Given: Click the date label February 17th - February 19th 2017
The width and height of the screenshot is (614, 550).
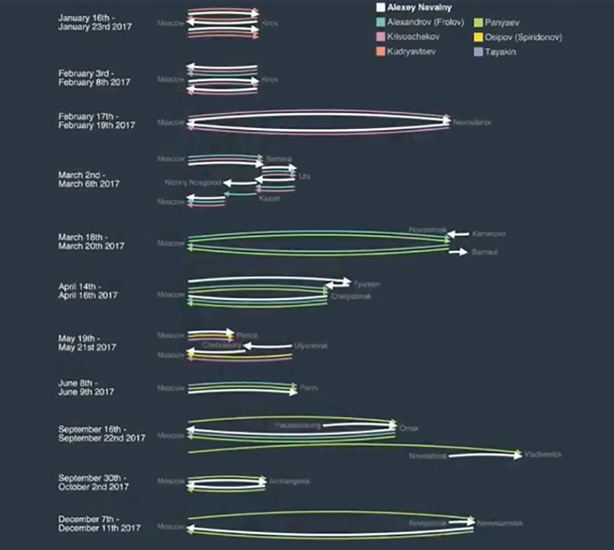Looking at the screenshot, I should pos(97,121).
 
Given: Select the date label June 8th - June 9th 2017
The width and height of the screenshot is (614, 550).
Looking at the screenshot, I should pos(86,387).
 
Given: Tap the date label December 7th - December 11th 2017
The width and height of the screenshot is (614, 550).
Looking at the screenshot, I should pos(99,522).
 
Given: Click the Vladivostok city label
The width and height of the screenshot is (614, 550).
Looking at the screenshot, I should pos(543,455).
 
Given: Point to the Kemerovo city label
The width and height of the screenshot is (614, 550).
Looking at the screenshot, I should pos(488,234).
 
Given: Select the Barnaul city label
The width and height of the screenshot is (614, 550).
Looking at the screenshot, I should pos(484,252).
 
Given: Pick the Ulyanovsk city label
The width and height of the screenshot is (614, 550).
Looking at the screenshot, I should pos(310,345).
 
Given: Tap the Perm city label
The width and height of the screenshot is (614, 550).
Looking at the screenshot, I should pos(309,388).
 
